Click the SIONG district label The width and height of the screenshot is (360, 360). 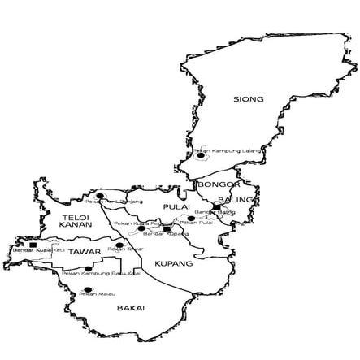[248, 99]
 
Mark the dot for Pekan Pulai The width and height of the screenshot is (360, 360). [191, 219]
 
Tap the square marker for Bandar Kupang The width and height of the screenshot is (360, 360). [167, 229]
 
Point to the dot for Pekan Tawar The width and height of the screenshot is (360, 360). [119, 245]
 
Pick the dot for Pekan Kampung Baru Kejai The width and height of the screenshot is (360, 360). [88, 268]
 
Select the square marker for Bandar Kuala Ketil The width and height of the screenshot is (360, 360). [32, 244]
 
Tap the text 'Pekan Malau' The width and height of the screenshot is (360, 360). [94, 295]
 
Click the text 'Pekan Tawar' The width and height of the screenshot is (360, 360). [121, 249]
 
